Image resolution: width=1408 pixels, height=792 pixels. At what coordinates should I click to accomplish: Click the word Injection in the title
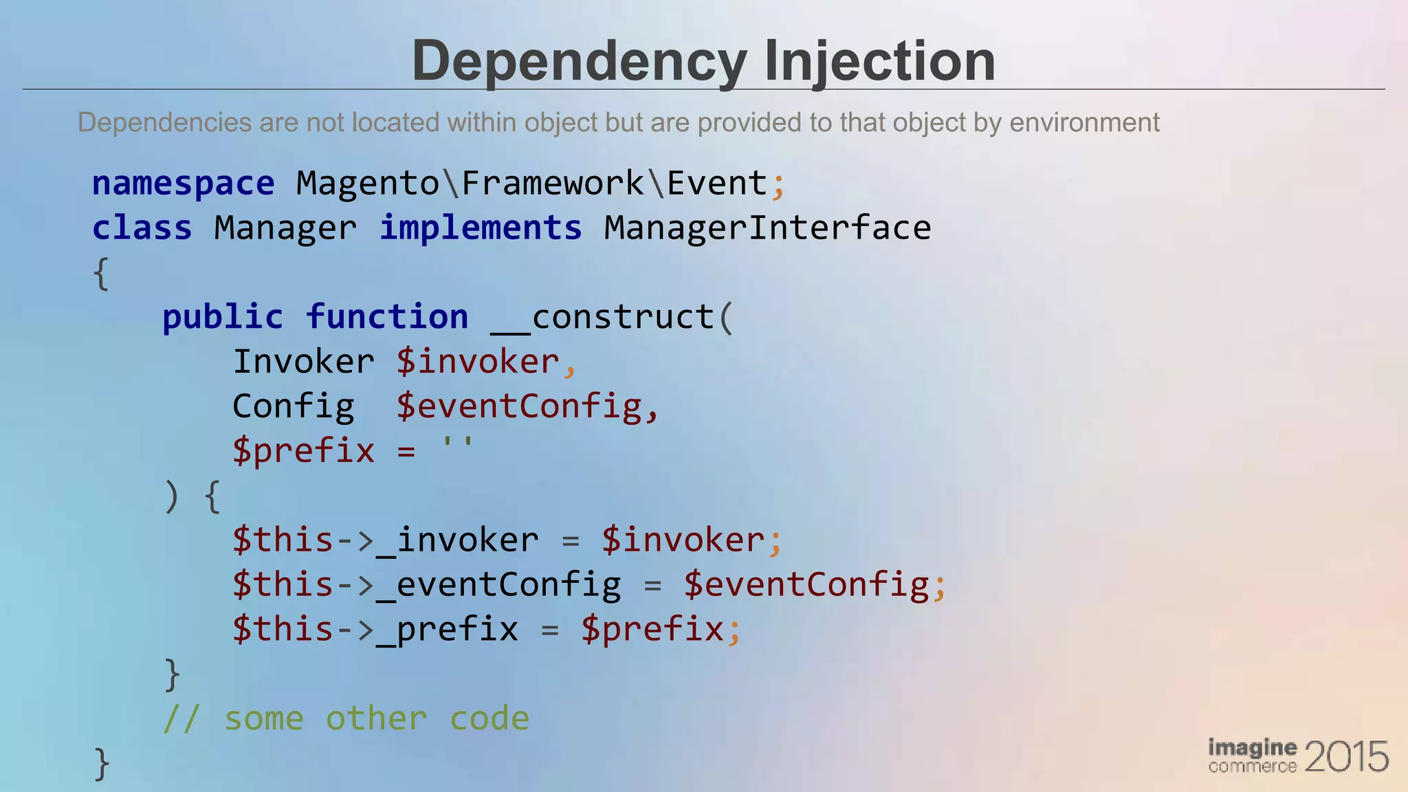tap(879, 62)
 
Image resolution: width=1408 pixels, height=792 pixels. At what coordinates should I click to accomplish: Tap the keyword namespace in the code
tap(183, 184)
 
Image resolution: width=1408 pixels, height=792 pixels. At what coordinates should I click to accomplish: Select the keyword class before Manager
tap(142, 228)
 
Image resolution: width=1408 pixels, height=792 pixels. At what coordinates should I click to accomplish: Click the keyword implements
tap(481, 228)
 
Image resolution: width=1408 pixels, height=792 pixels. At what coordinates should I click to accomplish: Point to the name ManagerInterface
tap(767, 228)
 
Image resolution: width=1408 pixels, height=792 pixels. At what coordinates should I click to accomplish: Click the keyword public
tap(223, 317)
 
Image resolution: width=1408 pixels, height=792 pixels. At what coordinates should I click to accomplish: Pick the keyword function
tap(387, 317)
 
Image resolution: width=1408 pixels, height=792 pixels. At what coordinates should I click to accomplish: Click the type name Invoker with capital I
tap(303, 362)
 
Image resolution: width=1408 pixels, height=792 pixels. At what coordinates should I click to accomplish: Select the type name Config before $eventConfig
tap(294, 406)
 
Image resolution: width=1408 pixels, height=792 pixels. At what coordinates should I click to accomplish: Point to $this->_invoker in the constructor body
tap(385, 540)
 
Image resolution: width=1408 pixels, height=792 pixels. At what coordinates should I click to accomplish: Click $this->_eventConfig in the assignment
tap(426, 584)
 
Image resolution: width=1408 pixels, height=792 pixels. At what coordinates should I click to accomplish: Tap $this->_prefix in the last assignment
tap(375, 629)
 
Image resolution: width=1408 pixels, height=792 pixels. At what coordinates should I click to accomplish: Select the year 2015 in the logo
tap(1345, 757)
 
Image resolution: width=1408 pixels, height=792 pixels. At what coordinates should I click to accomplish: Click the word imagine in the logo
tap(1253, 747)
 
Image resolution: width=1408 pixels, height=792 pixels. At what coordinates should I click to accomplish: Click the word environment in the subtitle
tap(1084, 122)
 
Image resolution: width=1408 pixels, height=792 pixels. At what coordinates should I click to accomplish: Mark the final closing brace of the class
tap(101, 763)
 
